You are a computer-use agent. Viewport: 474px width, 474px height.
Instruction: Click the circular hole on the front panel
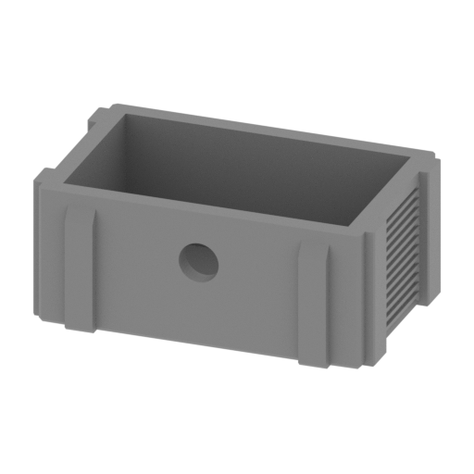click(198, 262)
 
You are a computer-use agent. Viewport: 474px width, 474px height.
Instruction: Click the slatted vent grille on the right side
click(405, 254)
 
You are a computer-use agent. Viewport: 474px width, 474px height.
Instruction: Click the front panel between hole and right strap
click(259, 278)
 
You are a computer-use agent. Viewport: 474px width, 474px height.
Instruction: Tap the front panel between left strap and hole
click(139, 264)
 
